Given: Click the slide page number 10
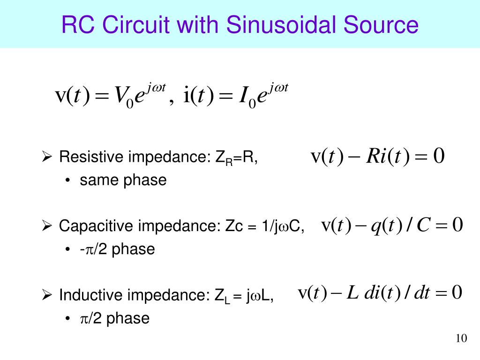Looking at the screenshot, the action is [x=461, y=338].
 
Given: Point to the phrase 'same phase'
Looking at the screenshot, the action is [x=123, y=180].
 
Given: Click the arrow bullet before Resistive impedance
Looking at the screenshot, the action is [x=46, y=157].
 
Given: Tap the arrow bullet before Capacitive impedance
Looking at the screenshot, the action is [x=46, y=227].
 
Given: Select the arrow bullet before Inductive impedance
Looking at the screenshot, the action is [x=46, y=295].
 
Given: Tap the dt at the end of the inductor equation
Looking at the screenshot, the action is [x=422, y=293].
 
